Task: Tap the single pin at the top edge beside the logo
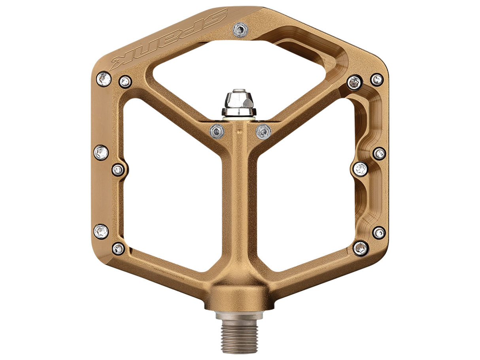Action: tap(240, 30)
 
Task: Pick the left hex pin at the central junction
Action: tap(217, 131)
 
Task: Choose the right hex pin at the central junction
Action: tap(263, 131)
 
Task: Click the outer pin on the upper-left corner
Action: tap(104, 79)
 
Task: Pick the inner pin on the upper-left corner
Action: tap(125, 82)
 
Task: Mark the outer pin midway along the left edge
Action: tap(101, 152)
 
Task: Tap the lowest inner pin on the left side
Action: tap(118, 249)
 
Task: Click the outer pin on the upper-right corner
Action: tap(377, 79)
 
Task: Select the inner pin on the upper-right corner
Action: tap(354, 83)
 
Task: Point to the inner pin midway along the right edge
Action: tap(360, 169)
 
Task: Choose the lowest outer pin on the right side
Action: tap(379, 232)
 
